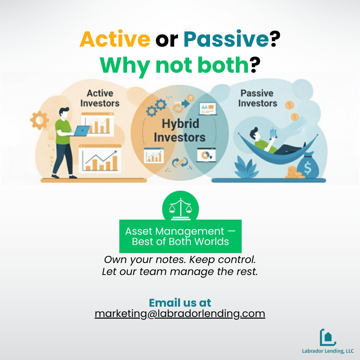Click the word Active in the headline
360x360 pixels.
tap(115, 39)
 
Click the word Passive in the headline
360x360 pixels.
tap(226, 39)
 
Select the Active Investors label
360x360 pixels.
tap(100, 98)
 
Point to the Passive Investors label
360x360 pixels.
tap(257, 98)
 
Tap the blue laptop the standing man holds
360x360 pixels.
tap(81, 131)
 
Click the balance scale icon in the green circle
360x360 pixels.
tap(180, 209)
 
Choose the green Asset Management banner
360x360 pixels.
tap(180, 236)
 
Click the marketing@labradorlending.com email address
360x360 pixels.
tap(180, 314)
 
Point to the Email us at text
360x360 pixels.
tap(180, 302)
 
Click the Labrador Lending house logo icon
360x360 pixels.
tap(327, 337)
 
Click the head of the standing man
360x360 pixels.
tap(65, 113)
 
